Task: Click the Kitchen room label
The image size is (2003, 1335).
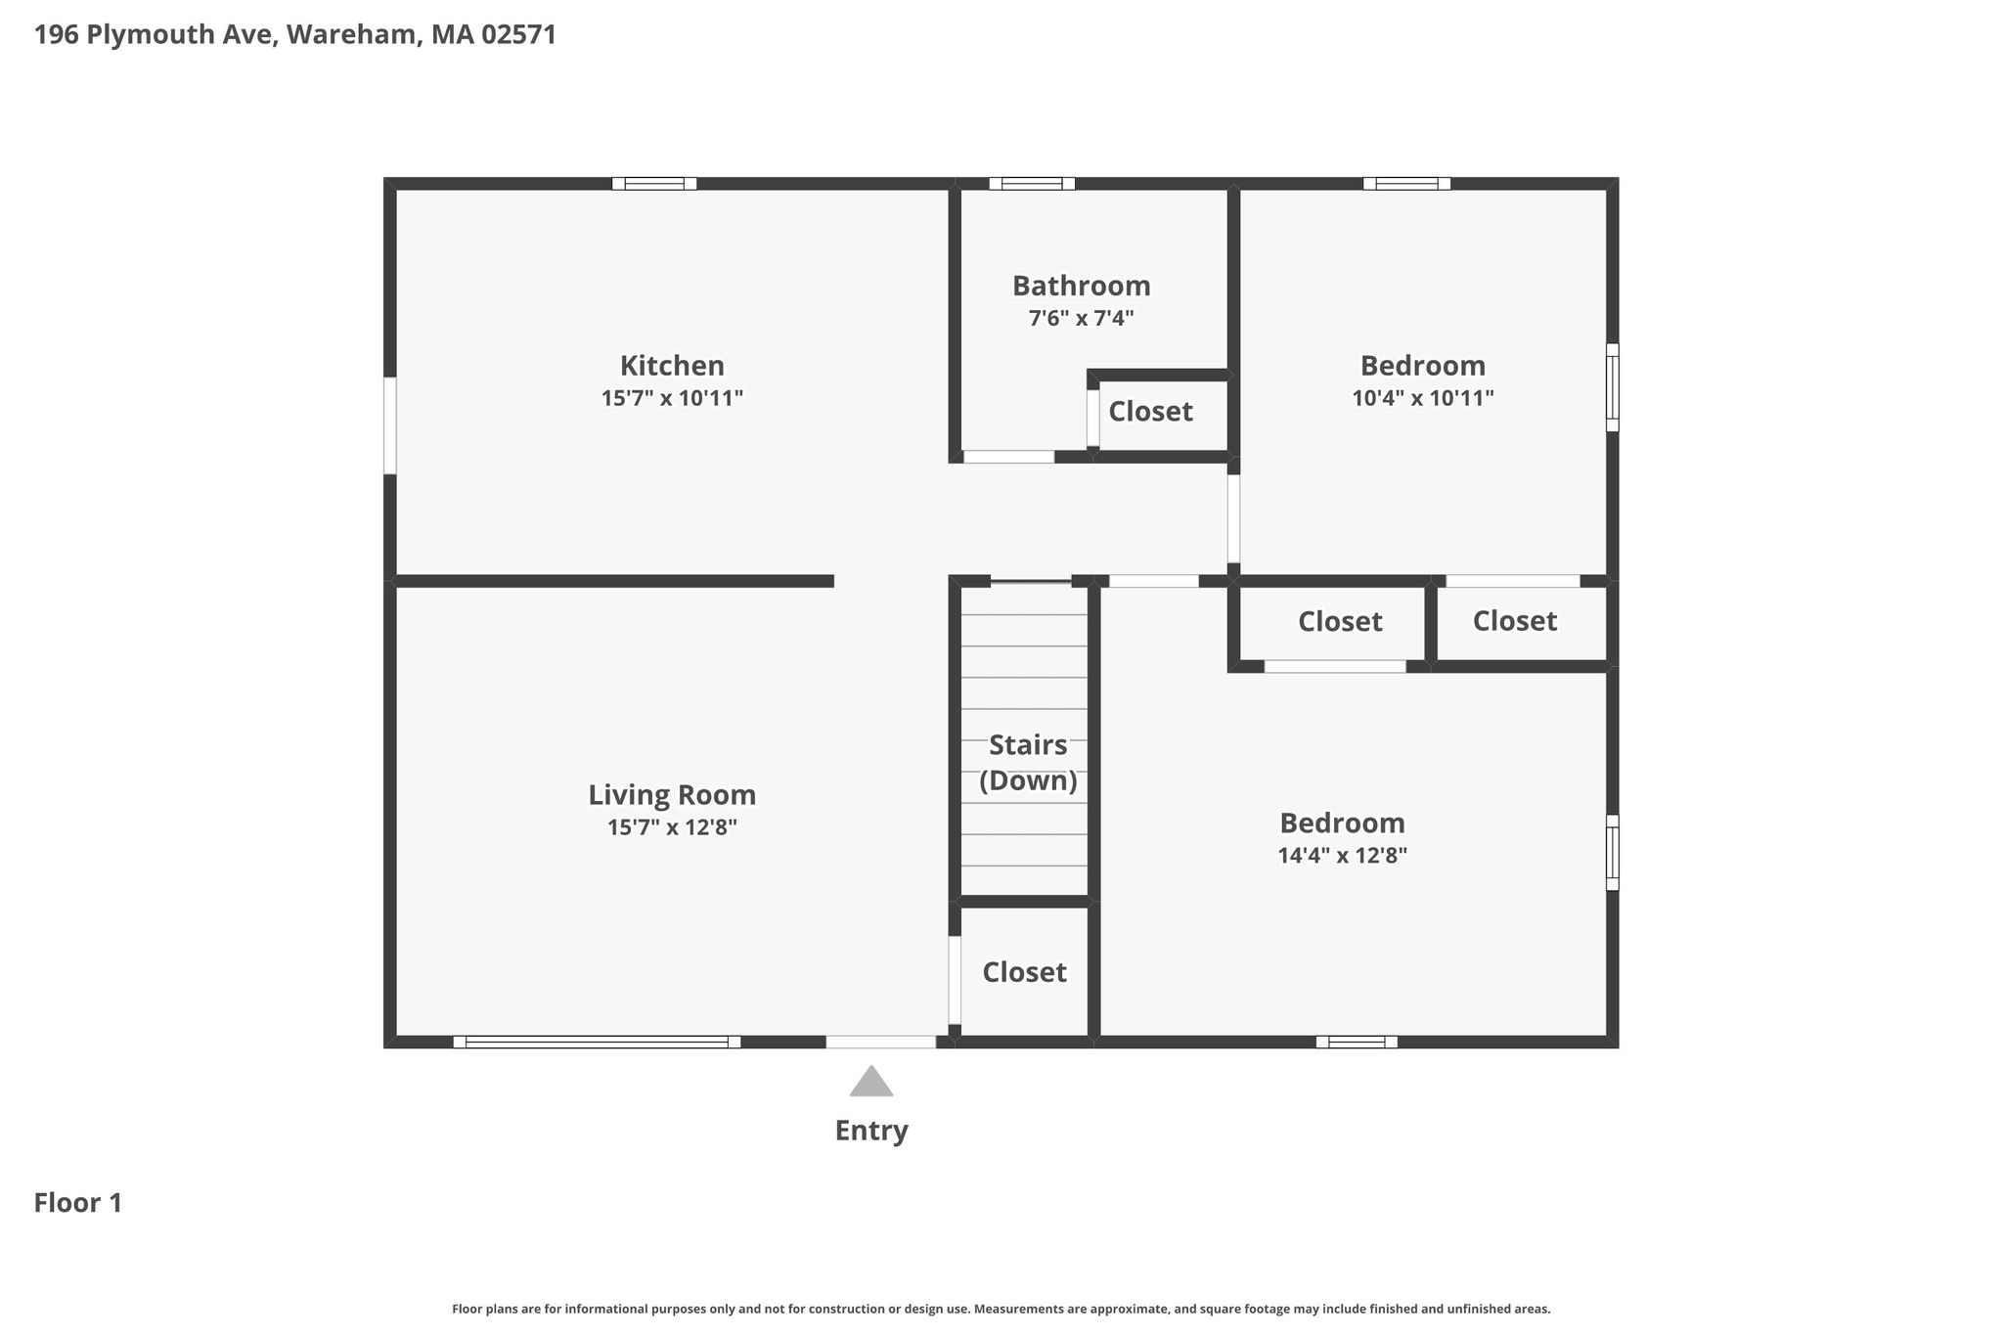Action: click(672, 366)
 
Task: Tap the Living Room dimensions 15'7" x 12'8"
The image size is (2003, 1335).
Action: click(672, 827)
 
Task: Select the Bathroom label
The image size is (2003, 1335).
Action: click(1081, 286)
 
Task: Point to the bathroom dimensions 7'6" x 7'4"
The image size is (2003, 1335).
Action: click(1081, 318)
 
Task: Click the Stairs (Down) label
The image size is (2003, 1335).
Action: click(1028, 763)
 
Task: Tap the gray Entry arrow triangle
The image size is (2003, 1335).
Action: click(871, 1081)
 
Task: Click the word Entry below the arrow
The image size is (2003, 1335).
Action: click(871, 1131)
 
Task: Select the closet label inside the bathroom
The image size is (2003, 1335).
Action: click(1150, 412)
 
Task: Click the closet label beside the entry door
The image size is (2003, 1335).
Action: click(1024, 972)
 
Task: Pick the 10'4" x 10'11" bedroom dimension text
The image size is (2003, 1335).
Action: click(1423, 398)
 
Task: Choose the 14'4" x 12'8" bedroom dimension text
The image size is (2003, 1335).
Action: click(1342, 856)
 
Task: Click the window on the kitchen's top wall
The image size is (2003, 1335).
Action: click(654, 183)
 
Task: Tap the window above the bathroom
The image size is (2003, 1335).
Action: click(1032, 183)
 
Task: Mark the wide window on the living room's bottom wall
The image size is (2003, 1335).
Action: click(597, 1042)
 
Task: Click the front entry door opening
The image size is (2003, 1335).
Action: click(881, 1042)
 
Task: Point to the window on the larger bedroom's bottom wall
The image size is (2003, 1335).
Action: click(1357, 1042)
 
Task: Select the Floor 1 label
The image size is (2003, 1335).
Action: click(78, 1203)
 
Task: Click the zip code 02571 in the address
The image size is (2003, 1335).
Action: click(518, 35)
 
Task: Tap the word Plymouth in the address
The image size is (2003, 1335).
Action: click(165, 35)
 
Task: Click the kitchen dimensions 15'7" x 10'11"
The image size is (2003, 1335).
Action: click(672, 398)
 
